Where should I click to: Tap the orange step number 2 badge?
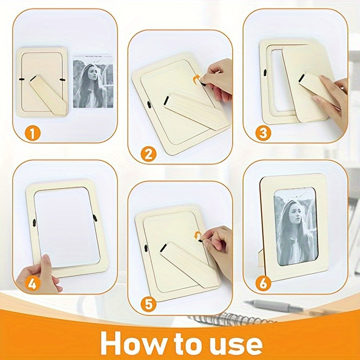tap(148, 153)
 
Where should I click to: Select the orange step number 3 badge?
tap(263, 132)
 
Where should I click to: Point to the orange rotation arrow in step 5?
tap(198, 236)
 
